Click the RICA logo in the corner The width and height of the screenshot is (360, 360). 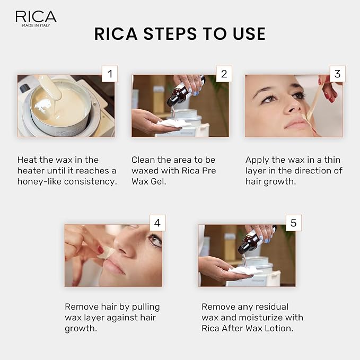click(x=36, y=16)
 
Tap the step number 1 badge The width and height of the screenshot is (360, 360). click(x=110, y=74)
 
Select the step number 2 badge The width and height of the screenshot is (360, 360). click(x=224, y=74)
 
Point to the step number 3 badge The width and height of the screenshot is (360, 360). click(x=337, y=74)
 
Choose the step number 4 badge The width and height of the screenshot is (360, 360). click(x=157, y=223)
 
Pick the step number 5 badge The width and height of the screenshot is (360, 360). click(x=293, y=223)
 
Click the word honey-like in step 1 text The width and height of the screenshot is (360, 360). click(x=39, y=181)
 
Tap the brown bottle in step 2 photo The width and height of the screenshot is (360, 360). click(x=176, y=96)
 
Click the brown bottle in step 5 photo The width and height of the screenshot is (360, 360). click(x=247, y=243)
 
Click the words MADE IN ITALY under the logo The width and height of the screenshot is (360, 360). click(x=36, y=25)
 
